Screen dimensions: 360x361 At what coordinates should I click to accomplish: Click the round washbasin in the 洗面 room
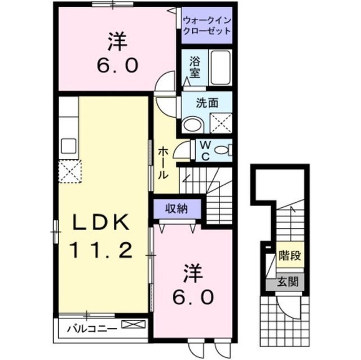coord(191,124)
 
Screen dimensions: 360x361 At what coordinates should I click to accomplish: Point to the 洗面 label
coord(207,104)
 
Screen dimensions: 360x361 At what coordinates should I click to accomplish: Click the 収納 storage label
coord(176,209)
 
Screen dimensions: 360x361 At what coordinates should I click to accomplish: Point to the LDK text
coord(102,223)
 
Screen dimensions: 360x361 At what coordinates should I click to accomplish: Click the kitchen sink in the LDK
coord(69,145)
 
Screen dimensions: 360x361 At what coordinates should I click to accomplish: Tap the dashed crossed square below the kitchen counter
coord(71,170)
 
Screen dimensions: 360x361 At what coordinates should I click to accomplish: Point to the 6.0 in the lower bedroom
coord(193,296)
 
